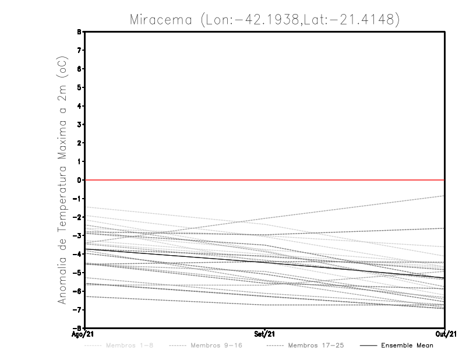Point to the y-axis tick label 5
(80, 87)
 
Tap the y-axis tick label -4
(79, 254)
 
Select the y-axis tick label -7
(79, 309)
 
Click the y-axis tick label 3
(80, 125)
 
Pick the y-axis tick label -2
(79, 217)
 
